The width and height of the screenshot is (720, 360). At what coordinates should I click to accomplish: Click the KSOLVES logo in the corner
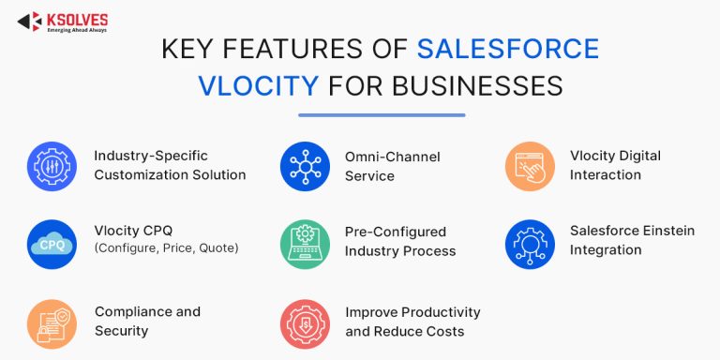tap(63, 22)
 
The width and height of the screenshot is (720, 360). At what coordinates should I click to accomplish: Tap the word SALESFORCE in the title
tap(508, 49)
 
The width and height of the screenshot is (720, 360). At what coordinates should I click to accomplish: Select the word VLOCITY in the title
tap(259, 86)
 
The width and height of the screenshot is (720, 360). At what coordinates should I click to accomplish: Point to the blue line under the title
tap(382, 115)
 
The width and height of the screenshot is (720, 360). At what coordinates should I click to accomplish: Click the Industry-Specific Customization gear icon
tap(52, 166)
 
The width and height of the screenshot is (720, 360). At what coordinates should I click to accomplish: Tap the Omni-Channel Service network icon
tap(305, 166)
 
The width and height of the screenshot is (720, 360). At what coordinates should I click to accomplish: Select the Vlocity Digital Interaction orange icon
tap(530, 166)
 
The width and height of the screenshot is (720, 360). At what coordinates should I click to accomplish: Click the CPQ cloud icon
tap(52, 245)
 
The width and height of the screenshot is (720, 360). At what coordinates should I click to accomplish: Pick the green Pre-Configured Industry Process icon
tap(305, 245)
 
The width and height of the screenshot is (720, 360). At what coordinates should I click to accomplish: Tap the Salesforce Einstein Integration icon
tap(530, 245)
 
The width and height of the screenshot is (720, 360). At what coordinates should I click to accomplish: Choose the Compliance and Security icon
tap(52, 324)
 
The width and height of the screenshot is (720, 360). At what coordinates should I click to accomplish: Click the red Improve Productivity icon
tap(305, 324)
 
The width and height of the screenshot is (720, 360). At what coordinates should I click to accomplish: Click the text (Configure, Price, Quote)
tap(166, 248)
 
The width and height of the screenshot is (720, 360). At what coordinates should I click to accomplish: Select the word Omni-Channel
tap(393, 157)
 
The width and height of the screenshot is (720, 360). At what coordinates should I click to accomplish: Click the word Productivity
tap(441, 313)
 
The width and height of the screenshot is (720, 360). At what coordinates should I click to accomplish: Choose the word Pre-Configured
tap(396, 232)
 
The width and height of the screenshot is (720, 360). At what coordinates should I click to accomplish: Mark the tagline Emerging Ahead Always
tap(77, 30)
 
